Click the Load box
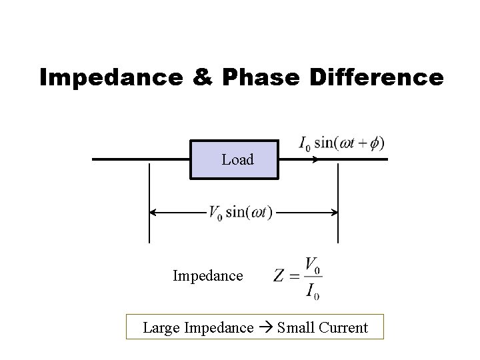coord(234,160)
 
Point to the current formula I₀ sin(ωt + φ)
coord(340,143)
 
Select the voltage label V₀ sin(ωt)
coord(240,213)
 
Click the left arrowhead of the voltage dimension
coord(153,213)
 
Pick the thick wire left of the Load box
coord(140,160)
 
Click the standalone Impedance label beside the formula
coord(207,275)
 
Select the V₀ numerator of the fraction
coord(312,265)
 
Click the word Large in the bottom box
coord(160,328)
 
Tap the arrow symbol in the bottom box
coord(266,328)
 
